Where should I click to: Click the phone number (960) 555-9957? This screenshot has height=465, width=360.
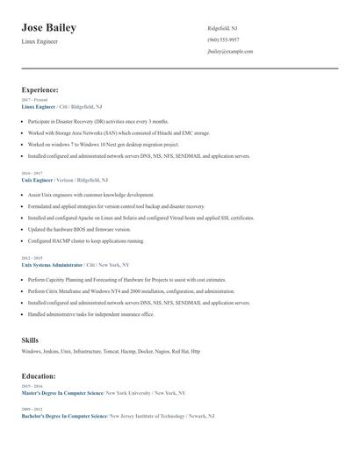click(223, 39)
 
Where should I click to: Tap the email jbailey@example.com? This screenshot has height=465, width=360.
click(230, 52)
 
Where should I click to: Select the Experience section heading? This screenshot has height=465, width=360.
click(40, 89)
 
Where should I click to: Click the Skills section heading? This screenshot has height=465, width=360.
click(31, 339)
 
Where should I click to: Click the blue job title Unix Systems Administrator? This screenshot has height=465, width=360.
click(52, 264)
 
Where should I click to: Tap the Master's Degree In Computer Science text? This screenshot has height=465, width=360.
click(62, 393)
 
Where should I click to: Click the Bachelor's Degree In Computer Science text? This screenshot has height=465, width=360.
click(64, 416)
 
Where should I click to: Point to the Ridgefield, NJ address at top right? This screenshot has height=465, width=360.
click(222, 28)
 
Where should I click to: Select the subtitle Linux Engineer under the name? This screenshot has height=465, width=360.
click(40, 41)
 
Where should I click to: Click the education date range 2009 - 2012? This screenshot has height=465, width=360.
click(32, 410)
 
